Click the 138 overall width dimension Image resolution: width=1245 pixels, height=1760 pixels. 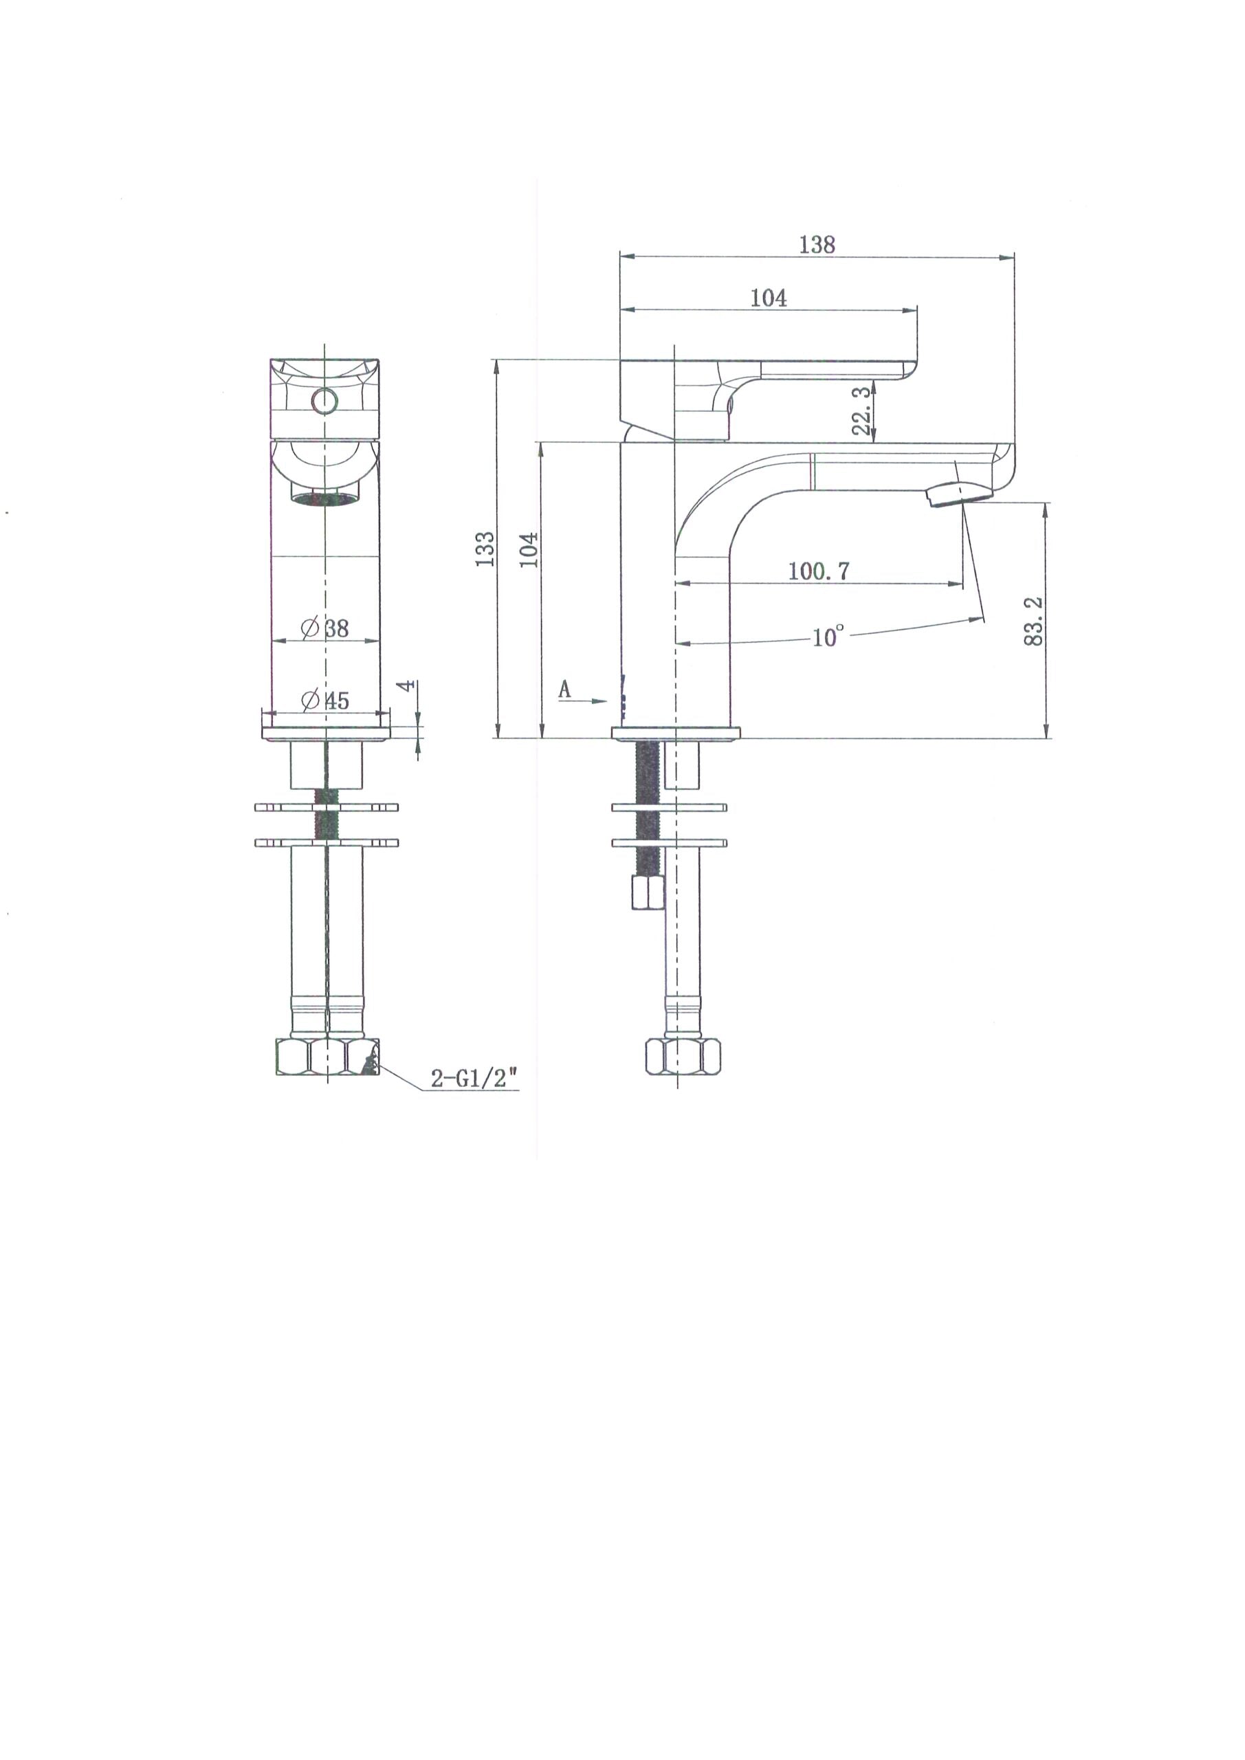(x=817, y=245)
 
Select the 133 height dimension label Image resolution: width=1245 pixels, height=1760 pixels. (x=485, y=549)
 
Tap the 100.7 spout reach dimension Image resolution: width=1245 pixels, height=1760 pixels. (x=818, y=571)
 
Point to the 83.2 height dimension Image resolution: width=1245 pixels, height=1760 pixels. (x=1034, y=621)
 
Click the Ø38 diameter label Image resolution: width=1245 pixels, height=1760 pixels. (x=326, y=628)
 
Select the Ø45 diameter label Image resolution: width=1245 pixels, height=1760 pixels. (x=326, y=700)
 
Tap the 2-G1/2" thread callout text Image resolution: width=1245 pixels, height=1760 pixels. (x=474, y=1079)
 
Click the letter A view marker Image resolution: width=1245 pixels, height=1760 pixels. (x=565, y=689)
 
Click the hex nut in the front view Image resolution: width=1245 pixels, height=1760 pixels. (x=327, y=1059)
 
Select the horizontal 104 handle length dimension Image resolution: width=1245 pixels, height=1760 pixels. (x=768, y=298)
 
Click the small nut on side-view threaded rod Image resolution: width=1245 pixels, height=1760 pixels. (x=648, y=893)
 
